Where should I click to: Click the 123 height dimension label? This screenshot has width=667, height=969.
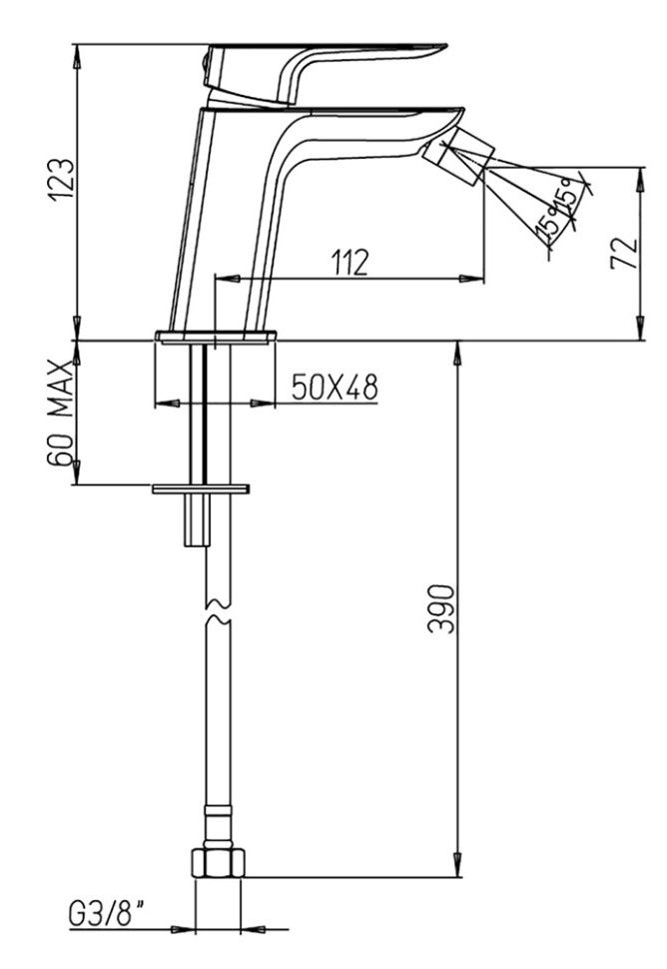(x=62, y=179)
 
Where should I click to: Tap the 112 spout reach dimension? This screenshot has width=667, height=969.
(x=350, y=262)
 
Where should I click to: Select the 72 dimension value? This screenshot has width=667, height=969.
(x=624, y=252)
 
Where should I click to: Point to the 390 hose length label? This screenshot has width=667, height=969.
(x=441, y=608)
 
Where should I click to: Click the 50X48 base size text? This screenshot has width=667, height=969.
(x=334, y=388)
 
